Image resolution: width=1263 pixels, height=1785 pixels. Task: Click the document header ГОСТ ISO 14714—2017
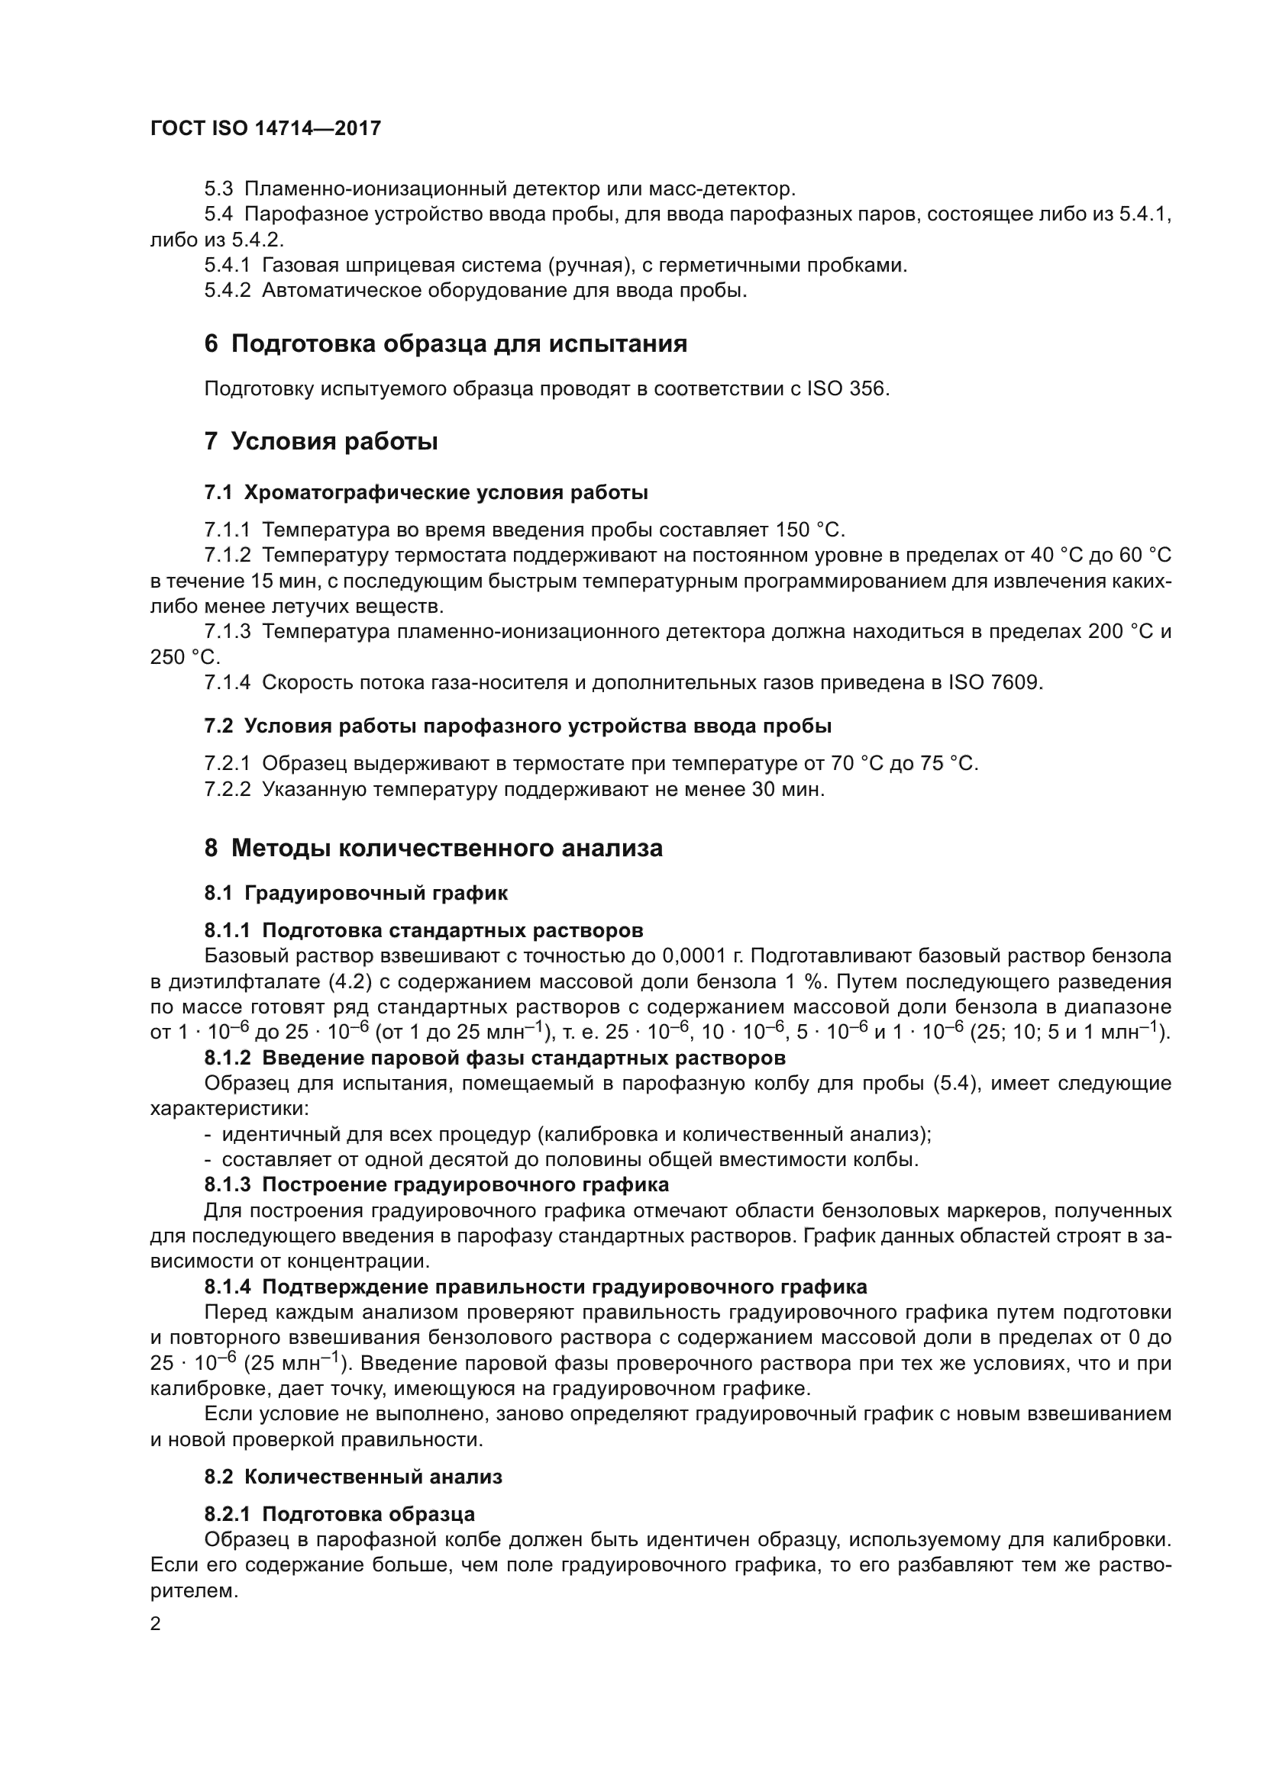[265, 128]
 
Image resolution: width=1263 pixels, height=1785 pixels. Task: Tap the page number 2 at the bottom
[156, 1624]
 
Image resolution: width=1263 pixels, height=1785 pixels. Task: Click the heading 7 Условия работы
[321, 441]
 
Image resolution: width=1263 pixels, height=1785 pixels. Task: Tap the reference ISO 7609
[994, 682]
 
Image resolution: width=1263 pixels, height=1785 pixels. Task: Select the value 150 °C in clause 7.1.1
[809, 530]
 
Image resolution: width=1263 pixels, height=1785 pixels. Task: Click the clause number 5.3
[218, 189]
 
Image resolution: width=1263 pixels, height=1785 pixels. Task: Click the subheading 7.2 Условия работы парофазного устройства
[518, 726]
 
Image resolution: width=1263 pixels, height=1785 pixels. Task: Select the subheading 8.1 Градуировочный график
[356, 893]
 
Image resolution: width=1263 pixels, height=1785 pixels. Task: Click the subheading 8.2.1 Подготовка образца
[340, 1513]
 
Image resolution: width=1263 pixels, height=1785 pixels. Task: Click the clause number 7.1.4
[227, 682]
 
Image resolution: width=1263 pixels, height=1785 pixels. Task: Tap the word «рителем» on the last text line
[194, 1590]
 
